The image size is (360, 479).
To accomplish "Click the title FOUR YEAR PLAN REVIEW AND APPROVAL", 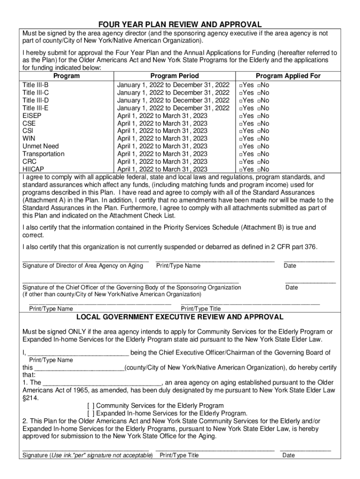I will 180,25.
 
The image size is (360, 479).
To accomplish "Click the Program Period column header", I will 174,76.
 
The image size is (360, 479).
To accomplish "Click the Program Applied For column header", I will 288,76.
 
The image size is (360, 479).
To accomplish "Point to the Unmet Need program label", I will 41,146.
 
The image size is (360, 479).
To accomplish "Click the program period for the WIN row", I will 162,138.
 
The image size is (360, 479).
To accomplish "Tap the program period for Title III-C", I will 173,93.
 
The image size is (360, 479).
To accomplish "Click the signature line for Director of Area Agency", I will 86,260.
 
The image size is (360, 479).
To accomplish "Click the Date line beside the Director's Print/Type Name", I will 309,260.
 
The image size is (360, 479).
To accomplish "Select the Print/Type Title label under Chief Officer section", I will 201,309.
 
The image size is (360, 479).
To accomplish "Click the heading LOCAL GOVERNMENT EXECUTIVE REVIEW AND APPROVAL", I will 180,317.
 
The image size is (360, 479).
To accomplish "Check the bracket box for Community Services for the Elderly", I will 91,406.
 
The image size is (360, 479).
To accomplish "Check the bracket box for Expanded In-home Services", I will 91,414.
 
